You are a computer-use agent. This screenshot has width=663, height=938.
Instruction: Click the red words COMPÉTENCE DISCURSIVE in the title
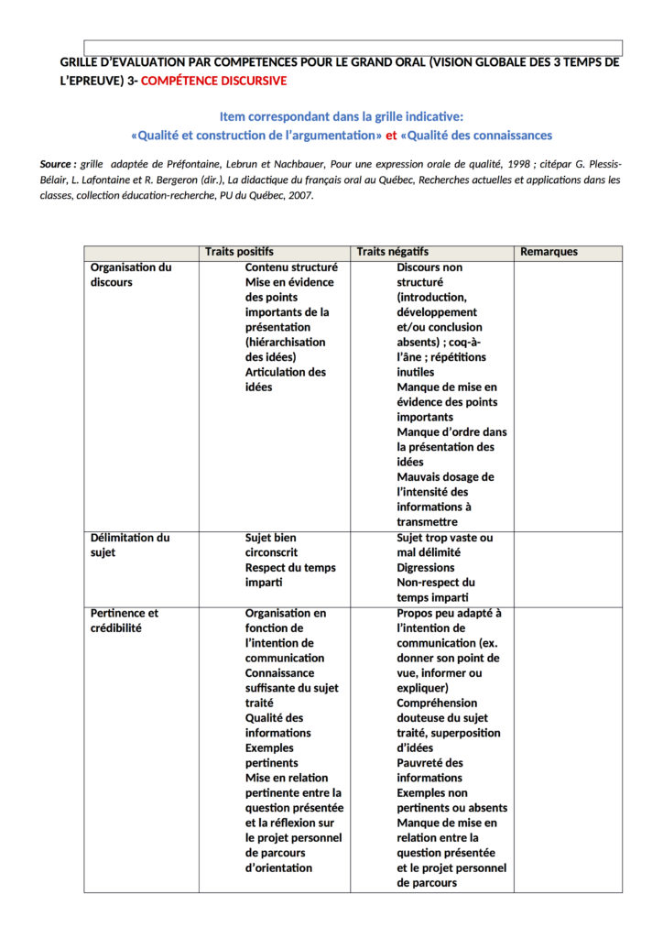(x=214, y=81)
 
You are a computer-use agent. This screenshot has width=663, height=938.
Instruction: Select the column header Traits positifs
(x=239, y=252)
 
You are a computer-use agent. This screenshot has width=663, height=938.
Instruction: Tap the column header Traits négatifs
(x=392, y=252)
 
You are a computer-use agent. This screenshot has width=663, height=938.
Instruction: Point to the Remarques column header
(x=549, y=252)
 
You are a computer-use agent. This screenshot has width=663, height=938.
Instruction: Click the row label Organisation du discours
(x=131, y=275)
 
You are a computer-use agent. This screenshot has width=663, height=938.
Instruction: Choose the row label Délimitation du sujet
(x=130, y=545)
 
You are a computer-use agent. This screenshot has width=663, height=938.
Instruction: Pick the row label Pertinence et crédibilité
(x=125, y=620)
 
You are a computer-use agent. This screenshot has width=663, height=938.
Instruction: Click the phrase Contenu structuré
(x=291, y=267)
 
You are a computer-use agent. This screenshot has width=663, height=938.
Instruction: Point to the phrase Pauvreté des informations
(x=430, y=770)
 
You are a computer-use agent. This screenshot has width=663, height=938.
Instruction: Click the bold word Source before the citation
(x=57, y=164)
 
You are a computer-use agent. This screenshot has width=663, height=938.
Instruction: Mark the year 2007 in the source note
(x=299, y=195)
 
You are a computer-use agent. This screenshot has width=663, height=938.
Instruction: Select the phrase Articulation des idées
(x=285, y=379)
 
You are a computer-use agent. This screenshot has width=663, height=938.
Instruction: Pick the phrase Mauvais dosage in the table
(x=445, y=477)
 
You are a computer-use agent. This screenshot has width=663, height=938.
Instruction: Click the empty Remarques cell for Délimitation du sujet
(x=568, y=568)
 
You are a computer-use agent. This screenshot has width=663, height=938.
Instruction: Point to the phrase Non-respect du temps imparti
(x=436, y=590)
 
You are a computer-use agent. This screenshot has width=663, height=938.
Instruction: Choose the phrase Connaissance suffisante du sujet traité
(x=285, y=688)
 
